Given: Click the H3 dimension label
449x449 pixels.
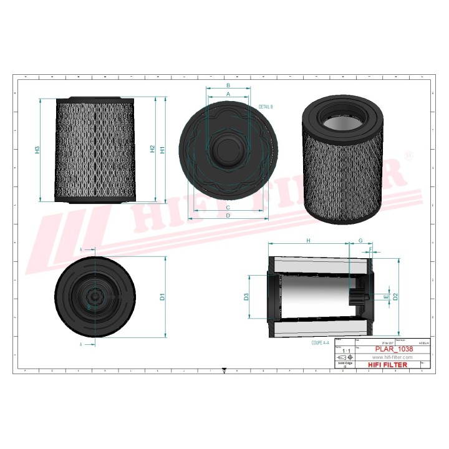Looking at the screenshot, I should pos(37,150).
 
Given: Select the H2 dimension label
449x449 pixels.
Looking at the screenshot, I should pos(152,149).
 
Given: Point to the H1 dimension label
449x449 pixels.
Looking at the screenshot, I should pos(162,150).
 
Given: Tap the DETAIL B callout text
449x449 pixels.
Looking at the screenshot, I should pos(265,107).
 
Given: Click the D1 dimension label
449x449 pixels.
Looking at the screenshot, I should pos(162,297).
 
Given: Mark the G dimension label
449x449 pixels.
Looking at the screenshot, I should pos(360,241).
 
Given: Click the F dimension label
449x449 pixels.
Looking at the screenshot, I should pos(372,250).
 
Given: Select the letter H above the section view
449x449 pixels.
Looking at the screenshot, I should pos(307,241).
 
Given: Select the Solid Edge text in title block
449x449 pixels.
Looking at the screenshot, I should pos(345,364).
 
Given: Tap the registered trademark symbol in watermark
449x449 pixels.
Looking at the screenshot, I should pos(408,154).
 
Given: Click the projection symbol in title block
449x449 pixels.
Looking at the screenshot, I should pos(344,357).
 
